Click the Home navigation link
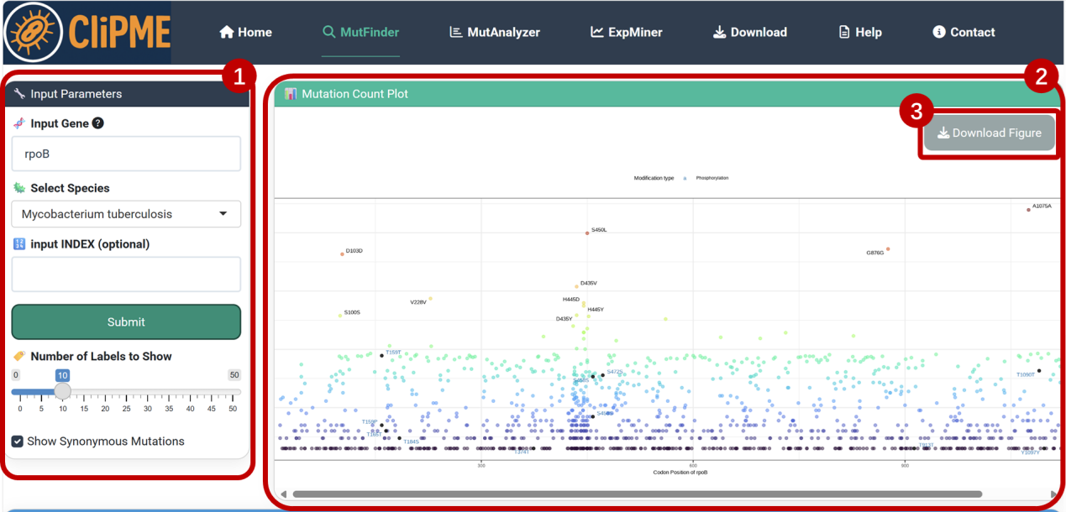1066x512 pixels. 245,32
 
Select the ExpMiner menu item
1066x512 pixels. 626,32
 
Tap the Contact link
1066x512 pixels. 964,32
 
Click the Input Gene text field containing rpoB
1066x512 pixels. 126,154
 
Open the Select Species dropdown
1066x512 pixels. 126,214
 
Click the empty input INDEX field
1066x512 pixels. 126,274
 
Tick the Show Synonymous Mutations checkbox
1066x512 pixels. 18,441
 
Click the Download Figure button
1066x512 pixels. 989,133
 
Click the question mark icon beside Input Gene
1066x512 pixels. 98,123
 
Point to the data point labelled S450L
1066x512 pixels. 587,232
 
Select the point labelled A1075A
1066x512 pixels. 1028,210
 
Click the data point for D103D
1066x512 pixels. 343,253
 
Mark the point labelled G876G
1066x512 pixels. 888,249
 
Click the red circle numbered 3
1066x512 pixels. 917,111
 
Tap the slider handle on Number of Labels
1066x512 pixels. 62,391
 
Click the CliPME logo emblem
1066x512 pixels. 34,33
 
